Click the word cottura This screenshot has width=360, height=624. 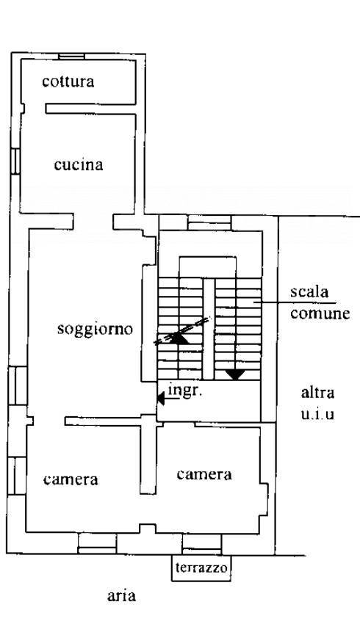(x=68, y=81)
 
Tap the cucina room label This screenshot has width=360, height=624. (x=79, y=164)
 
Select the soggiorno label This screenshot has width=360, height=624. (x=95, y=330)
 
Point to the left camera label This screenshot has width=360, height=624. (x=71, y=479)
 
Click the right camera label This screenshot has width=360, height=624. (x=204, y=474)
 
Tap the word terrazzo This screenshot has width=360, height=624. (x=201, y=567)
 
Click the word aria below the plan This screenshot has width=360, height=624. (x=121, y=596)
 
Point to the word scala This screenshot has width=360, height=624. (x=309, y=291)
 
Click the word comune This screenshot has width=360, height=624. (x=320, y=313)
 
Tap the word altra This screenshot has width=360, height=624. (x=317, y=393)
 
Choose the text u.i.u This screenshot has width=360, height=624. (x=317, y=414)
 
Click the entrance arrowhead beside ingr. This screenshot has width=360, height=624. (x=160, y=398)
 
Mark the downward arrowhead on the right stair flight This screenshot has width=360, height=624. (x=235, y=374)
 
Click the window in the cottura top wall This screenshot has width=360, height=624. (x=72, y=57)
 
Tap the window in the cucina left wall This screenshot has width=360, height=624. (x=15, y=161)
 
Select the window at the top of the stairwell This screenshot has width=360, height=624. (x=209, y=223)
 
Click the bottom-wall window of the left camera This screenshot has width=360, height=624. (x=97, y=543)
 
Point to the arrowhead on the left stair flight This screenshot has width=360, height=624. (x=180, y=339)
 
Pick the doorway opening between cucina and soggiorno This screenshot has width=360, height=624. (x=93, y=221)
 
